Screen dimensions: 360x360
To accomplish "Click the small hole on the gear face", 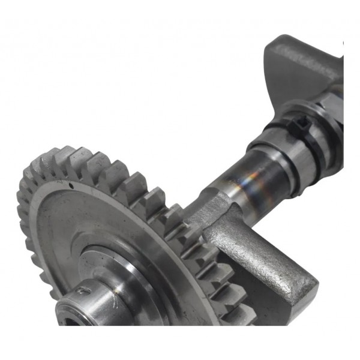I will click(72, 187).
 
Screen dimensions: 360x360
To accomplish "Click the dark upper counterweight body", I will click(300, 66).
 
